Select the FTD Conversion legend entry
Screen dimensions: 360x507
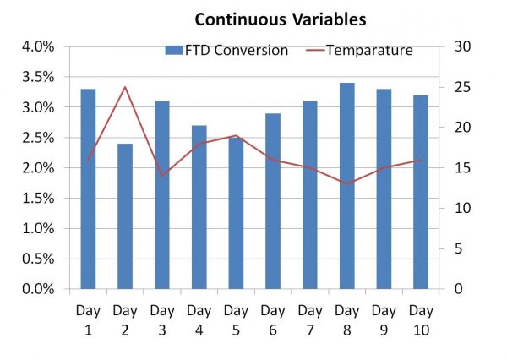(x=226, y=51)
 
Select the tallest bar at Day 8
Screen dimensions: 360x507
(x=347, y=186)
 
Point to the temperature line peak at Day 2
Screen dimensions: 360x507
(x=125, y=87)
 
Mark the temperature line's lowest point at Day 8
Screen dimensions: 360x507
(x=347, y=183)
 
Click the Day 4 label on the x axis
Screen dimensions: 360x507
(x=199, y=319)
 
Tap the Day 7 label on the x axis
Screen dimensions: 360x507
(x=310, y=319)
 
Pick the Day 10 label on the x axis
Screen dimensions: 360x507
(x=421, y=319)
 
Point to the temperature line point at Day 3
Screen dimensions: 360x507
(x=162, y=176)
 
